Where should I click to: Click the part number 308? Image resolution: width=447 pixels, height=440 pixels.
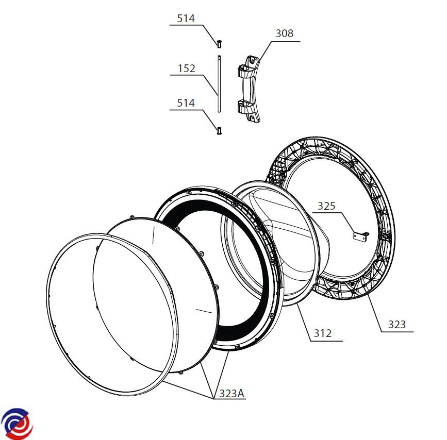pos(284,33)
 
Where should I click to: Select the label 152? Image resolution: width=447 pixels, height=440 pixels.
pos(187,69)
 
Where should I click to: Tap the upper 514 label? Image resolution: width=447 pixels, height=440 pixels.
pos(186,19)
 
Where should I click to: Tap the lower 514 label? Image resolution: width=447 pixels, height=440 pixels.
pos(186,103)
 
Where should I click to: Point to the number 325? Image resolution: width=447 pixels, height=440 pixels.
pos(326,206)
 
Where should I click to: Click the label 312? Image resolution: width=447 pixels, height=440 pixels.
pos(322,333)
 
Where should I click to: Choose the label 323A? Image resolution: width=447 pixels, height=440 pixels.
pos(231,394)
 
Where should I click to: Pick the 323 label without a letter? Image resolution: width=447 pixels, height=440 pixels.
pos(397,324)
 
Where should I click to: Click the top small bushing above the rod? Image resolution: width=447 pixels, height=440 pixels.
pos(219,44)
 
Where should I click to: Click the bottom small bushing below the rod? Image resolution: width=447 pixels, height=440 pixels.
pos(219,131)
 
